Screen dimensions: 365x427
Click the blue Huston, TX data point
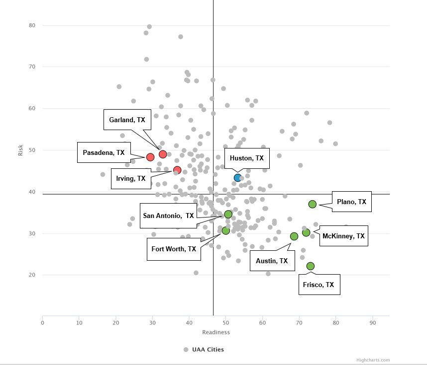coord(238,178)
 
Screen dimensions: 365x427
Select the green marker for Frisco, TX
coord(311,266)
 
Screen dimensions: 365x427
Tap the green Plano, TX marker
coord(313,204)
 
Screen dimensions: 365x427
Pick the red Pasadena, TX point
coord(150,157)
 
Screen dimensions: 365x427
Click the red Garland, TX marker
coord(163,154)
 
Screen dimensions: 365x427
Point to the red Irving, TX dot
coord(177,170)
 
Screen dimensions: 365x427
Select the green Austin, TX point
coord(294,236)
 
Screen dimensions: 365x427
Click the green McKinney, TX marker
coord(306,232)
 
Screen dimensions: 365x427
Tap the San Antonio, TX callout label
coord(168,216)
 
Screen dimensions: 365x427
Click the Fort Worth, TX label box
coord(174,249)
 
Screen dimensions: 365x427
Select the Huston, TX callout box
coord(246,158)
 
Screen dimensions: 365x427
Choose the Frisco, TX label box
coord(319,285)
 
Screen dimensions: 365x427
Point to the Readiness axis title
coord(215,332)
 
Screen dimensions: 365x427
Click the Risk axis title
coord(20,150)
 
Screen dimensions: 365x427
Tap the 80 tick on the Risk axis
coord(32,25)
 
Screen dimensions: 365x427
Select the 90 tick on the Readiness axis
coord(372,323)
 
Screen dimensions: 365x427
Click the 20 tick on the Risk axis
coord(32,275)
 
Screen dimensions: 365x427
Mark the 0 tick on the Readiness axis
coord(43,323)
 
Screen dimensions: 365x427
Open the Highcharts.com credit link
coord(373,360)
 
